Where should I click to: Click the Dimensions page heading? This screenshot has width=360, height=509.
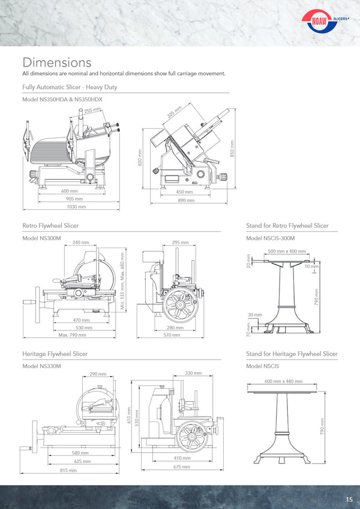pos(56,62)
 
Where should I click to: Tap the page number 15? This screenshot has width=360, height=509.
pos(349,499)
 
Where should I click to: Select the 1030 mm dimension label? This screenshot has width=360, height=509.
pos(76,206)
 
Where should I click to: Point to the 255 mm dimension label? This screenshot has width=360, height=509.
pos(92,110)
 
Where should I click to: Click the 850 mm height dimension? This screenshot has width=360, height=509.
pos(232,148)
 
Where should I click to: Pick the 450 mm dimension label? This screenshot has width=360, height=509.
pos(184,192)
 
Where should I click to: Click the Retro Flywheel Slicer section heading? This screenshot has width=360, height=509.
pos(50,226)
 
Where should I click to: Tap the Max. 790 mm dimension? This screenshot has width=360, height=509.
pos(71,335)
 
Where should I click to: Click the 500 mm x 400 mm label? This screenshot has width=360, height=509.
pos(286,251)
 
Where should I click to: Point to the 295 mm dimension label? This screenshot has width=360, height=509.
pos(180,243)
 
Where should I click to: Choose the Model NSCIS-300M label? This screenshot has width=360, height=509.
pos(271,238)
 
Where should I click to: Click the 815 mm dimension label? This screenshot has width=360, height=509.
pos(68,471)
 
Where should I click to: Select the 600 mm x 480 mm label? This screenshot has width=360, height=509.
pos(283,381)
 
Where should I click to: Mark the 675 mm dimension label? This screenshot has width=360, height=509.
pos(182,466)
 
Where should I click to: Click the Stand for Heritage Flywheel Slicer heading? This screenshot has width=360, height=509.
pos(292,354)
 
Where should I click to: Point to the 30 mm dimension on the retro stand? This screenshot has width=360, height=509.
pos(254,315)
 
